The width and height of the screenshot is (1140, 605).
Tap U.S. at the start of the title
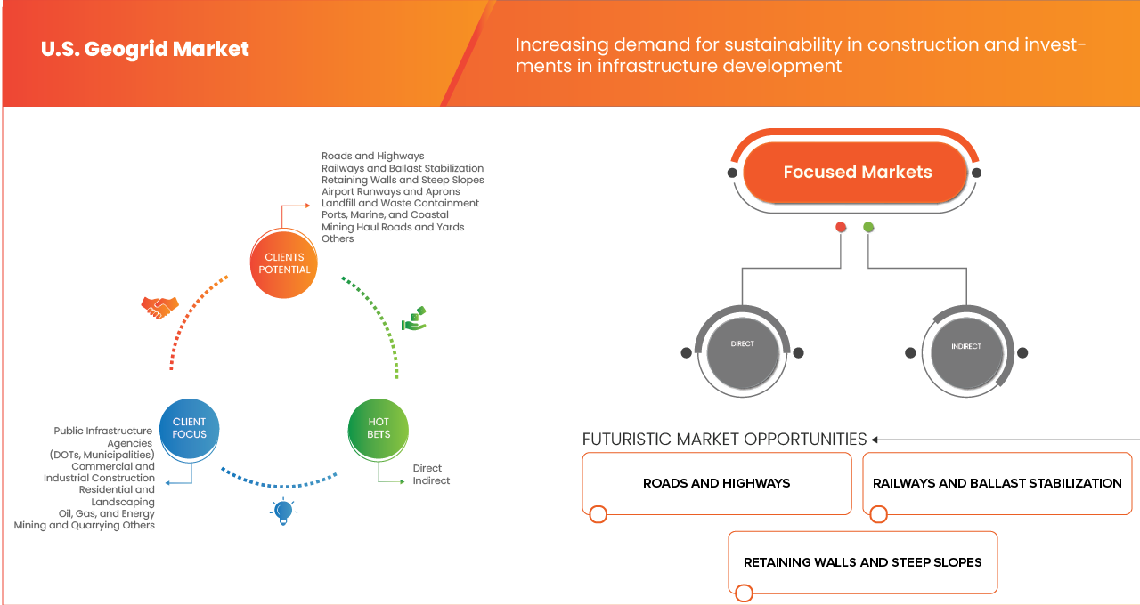(x=59, y=50)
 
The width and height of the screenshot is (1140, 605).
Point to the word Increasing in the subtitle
(x=559, y=44)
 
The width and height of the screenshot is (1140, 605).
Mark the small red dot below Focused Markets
(x=840, y=228)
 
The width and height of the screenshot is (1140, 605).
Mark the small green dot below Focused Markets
(x=868, y=228)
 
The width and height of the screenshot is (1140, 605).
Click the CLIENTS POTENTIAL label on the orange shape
(x=284, y=263)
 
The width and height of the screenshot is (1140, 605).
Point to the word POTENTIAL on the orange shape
(x=284, y=270)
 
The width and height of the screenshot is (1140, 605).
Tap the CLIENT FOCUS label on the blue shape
(x=189, y=428)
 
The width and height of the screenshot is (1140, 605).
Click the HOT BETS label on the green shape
(x=379, y=428)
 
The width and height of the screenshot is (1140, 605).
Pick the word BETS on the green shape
(x=379, y=434)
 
